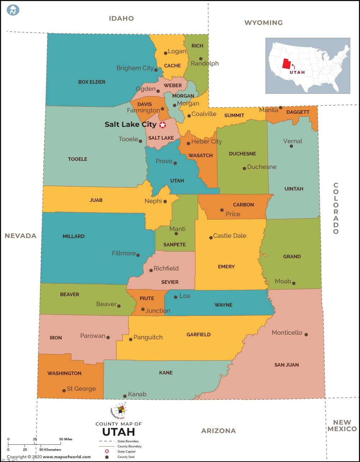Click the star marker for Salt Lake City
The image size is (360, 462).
click(x=163, y=125)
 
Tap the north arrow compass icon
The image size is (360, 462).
click(x=13, y=10)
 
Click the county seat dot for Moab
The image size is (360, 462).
click(x=294, y=283)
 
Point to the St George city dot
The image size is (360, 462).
click(x=64, y=390)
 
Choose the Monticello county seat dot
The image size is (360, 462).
click(x=306, y=335)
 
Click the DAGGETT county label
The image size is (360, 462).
click(x=298, y=112)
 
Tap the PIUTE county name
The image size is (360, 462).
click(x=147, y=298)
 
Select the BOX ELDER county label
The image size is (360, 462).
click(x=92, y=82)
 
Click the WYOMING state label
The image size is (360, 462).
click(x=264, y=23)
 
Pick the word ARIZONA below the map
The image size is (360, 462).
click(x=219, y=431)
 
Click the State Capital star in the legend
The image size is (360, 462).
click(x=107, y=451)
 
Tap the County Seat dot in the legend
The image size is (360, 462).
click(x=107, y=457)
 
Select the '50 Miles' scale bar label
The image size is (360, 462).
click(x=66, y=439)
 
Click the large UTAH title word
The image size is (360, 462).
click(x=118, y=431)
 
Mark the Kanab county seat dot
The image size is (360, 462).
click(x=125, y=396)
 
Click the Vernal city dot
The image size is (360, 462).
click(x=291, y=146)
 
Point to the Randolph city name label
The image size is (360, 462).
click(x=204, y=64)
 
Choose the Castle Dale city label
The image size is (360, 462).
click(x=230, y=236)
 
